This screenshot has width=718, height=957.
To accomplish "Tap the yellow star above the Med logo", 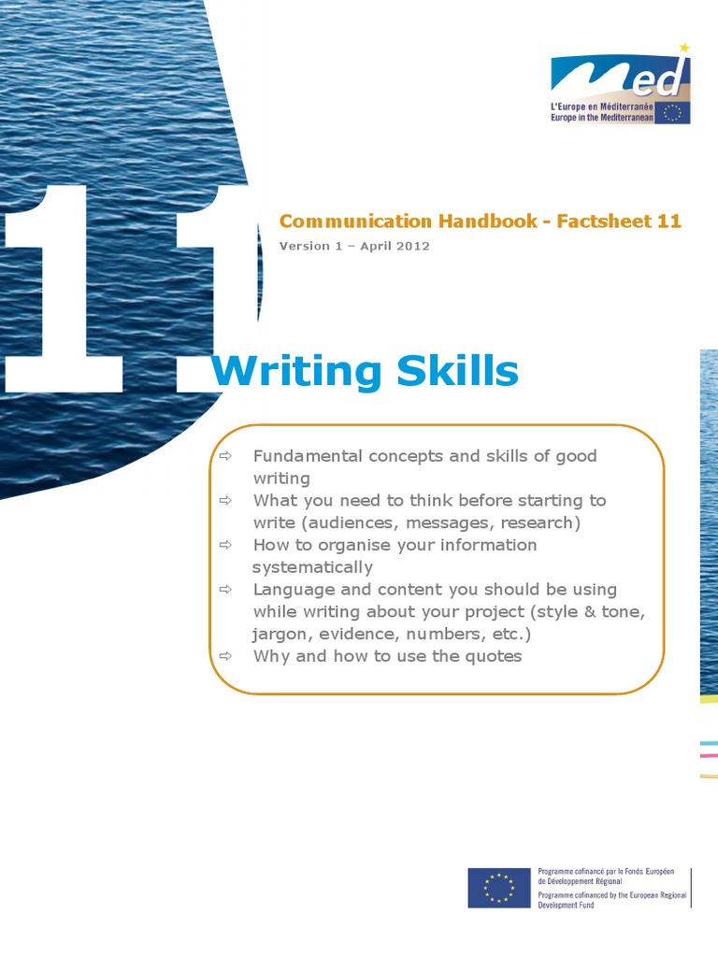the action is tap(685, 48).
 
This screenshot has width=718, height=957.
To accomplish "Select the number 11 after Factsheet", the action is tap(669, 221).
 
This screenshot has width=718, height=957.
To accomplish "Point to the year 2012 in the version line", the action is tap(413, 246).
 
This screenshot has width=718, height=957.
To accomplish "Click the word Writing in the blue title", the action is tap(296, 371).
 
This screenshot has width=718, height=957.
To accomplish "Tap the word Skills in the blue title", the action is tap(458, 370).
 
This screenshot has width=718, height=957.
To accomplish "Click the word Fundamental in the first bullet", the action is tap(308, 456).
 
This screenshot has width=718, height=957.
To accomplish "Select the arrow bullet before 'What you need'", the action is tap(226, 501).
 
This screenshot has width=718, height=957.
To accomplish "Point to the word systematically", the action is tap(312, 567).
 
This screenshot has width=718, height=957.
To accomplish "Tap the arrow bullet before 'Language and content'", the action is tap(226, 590).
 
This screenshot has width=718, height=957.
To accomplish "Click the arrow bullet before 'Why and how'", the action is tap(226, 656).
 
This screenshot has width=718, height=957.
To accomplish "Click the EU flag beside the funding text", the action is tap(499, 888).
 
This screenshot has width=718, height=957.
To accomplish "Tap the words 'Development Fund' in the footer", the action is tap(566, 905).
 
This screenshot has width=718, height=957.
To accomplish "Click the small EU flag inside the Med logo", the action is tap(672, 112).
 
